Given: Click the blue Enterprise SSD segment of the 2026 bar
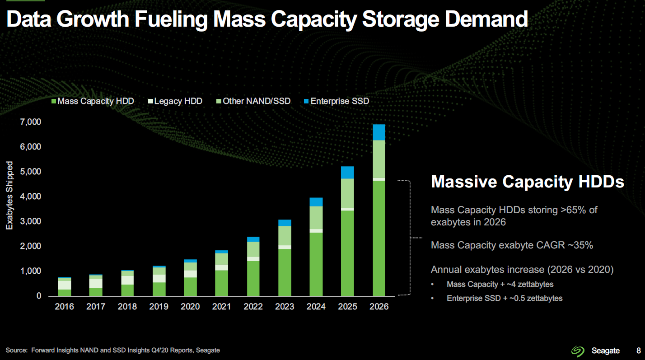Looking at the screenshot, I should point(379,132).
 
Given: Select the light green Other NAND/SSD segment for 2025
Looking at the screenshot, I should point(347,193).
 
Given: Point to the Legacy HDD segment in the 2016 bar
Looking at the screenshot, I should point(65,285).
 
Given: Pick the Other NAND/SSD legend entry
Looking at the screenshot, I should point(253,101).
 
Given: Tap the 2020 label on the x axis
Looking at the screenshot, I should point(190,307).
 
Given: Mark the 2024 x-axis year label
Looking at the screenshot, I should point(316,307).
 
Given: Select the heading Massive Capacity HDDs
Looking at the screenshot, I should point(528,182).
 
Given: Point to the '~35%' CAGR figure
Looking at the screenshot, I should point(578,245).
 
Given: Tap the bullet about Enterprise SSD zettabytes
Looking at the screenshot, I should point(504,298).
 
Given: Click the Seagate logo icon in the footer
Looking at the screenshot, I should point(578,351).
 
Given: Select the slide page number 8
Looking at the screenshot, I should point(638,351).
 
